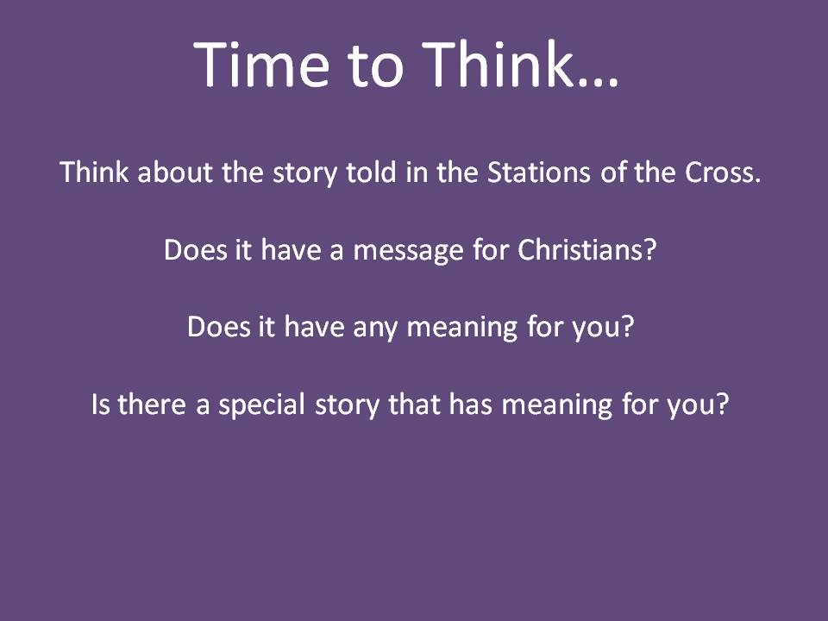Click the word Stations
coord(538,172)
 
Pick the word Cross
coord(723,172)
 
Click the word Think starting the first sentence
coord(95,172)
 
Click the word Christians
coord(580,249)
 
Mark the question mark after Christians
coord(650,249)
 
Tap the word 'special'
coord(261,405)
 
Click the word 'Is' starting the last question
coord(100,405)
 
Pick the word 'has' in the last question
coord(471,404)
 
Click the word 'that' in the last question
coord(414,404)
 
